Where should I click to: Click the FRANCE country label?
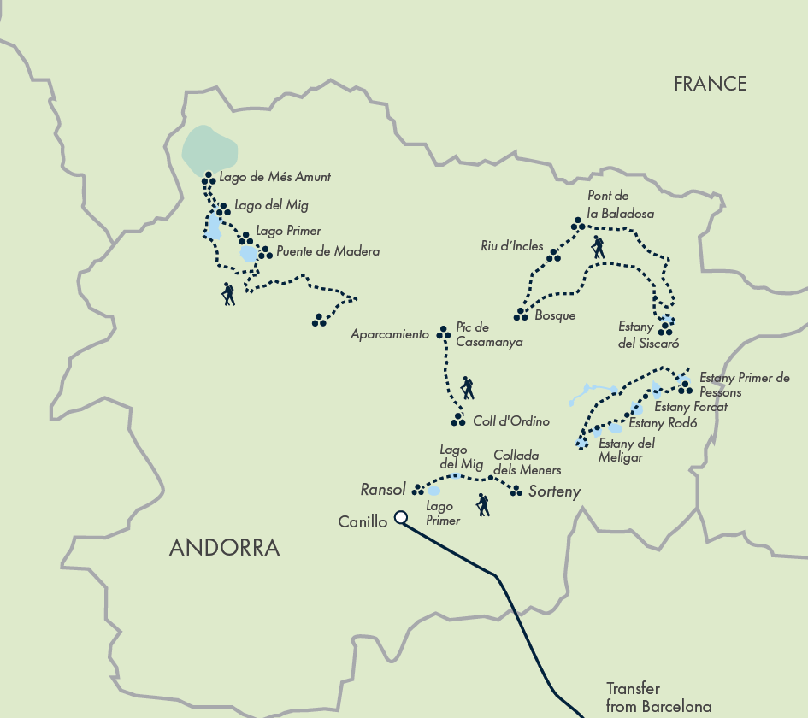[x=710, y=84]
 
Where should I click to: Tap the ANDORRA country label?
[x=224, y=548]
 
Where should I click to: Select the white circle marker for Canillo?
[x=399, y=517]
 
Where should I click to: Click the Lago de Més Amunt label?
[x=274, y=178]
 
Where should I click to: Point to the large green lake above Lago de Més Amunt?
[x=209, y=149]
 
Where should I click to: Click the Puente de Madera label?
[x=327, y=252]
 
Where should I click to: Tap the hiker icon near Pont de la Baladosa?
[x=598, y=248]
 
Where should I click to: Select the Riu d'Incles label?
[x=511, y=246]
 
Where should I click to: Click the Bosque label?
[x=555, y=315]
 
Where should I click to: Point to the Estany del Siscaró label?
[x=648, y=335]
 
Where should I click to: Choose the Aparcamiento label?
[x=390, y=335]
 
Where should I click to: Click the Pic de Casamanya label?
[x=484, y=334]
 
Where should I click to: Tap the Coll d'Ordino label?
[x=510, y=421]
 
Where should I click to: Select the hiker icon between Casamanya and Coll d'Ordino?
[x=466, y=388]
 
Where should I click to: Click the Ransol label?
[x=383, y=490]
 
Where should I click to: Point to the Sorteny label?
[x=554, y=491]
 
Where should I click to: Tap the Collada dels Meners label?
[x=527, y=462]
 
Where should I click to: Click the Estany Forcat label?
[x=690, y=407]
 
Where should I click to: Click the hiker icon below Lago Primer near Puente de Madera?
[x=228, y=294]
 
